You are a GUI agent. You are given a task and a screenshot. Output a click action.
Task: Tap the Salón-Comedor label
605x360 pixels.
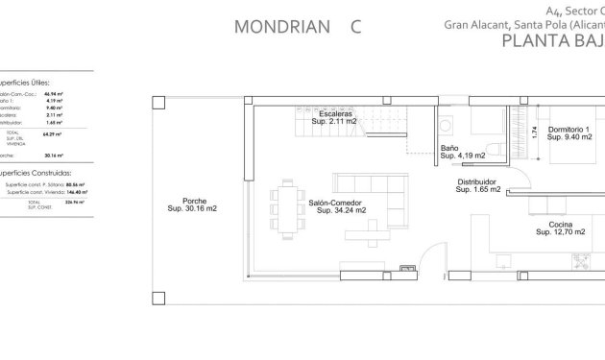tap(336, 202)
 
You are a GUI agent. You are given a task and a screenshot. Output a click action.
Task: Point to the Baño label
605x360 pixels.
tap(449, 149)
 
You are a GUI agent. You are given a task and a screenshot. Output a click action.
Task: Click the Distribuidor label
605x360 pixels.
tap(476, 180)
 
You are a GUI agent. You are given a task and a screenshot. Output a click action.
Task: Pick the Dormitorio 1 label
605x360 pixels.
tap(569, 130)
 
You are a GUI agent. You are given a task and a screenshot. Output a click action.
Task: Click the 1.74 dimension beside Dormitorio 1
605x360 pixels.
tap(534, 133)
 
